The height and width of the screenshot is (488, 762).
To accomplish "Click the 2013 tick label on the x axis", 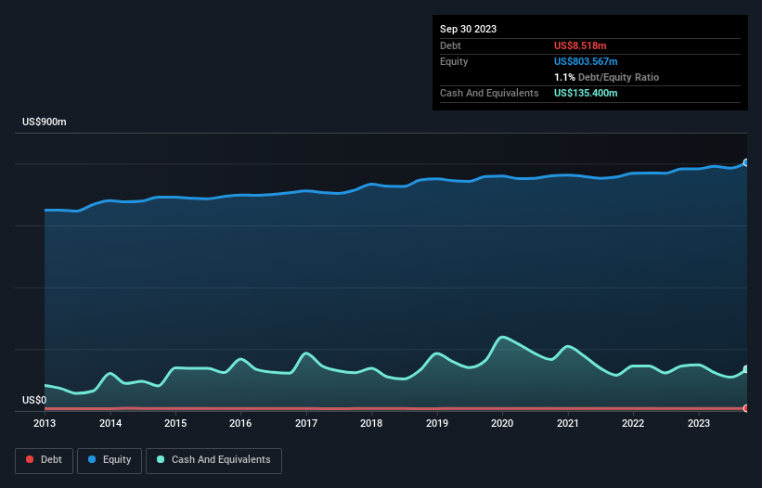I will [x=45, y=423].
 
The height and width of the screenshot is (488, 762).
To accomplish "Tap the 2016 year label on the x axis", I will [x=240, y=423].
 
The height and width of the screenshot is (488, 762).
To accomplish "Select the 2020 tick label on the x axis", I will [x=502, y=423].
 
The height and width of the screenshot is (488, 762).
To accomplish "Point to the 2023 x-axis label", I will [x=698, y=423].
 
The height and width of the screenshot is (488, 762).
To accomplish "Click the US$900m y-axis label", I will [x=45, y=122].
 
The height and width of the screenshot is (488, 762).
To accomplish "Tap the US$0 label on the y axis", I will [x=33, y=400].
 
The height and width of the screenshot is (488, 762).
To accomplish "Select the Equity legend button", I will [x=109, y=459].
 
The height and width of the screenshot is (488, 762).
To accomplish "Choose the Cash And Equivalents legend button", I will [x=213, y=459].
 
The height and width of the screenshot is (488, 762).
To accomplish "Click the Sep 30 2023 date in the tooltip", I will [x=468, y=29].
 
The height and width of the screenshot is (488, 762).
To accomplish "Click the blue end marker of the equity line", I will [x=745, y=162].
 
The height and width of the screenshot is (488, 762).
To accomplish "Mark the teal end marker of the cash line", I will [x=745, y=369].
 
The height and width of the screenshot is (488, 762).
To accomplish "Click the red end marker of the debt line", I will [x=745, y=408].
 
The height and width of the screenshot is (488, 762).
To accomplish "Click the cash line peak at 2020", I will [x=503, y=337].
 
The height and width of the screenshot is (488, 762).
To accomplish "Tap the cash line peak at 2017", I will [x=306, y=353].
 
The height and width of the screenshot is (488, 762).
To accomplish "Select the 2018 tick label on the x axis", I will [x=371, y=423].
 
